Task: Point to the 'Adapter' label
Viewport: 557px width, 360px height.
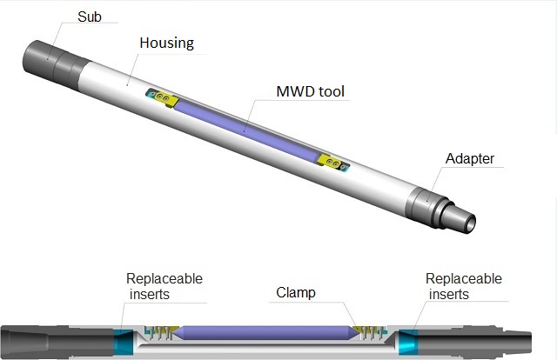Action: [x=470, y=159]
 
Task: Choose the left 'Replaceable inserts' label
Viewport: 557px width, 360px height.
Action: [x=164, y=286]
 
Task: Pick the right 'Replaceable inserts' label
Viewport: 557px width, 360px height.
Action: [x=464, y=286]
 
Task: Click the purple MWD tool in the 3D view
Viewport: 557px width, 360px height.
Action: [x=248, y=128]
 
